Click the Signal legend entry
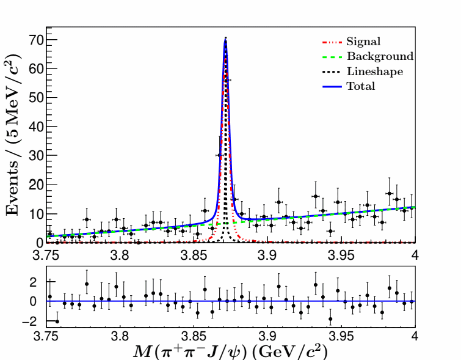pos(363,42)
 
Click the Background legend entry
pos(379,57)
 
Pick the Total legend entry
pos(360,86)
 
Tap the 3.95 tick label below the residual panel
pos(341,337)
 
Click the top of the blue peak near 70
pos(225,39)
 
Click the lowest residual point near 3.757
pos(57,321)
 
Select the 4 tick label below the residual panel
pos(415,337)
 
